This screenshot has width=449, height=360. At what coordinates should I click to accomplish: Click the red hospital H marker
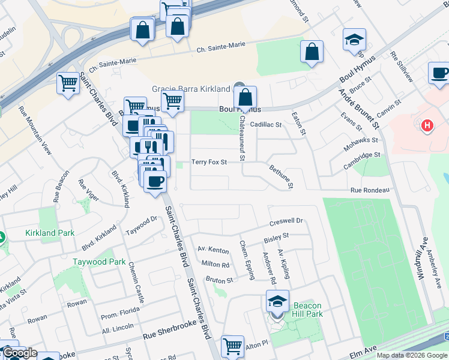click(427, 125)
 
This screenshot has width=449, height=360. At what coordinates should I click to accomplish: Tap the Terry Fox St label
click(209, 162)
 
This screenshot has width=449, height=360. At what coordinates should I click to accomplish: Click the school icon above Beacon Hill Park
click(277, 301)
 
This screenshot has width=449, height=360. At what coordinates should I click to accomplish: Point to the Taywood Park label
click(99, 262)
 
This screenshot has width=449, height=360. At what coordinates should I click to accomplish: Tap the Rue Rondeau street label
click(370, 190)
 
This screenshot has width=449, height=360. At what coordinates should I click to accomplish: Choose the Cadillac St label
click(266, 125)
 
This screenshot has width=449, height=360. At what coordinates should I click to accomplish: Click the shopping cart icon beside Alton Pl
click(232, 346)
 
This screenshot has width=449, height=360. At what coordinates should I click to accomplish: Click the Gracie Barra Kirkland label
click(191, 88)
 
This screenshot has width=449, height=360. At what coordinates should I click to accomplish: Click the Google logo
click(19, 353)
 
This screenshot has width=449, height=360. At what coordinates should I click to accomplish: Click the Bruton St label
click(219, 280)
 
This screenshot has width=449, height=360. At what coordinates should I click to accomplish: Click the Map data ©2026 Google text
click(412, 355)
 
